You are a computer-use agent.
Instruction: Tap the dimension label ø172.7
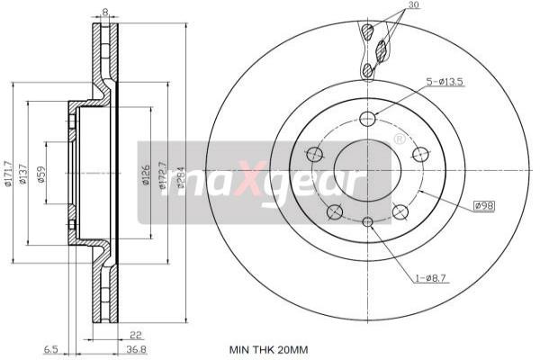tap(163, 177)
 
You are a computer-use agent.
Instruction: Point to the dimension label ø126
tap(145, 175)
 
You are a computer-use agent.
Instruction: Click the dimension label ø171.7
tap(8, 171)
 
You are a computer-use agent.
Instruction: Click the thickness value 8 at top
tap(105, 12)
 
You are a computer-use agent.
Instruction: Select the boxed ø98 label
tap(483, 206)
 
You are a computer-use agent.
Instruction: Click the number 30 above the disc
tap(412, 6)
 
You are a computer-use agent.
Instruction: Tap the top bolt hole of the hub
tap(366, 118)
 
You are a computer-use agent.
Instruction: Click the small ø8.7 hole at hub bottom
tap(366, 222)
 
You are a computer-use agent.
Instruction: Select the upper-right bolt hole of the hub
tap(419, 154)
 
